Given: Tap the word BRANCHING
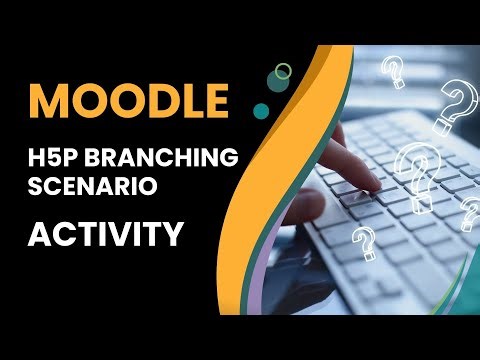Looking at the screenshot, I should (182, 158).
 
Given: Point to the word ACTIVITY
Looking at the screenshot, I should (105, 234).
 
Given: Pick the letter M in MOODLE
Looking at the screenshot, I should (48, 100).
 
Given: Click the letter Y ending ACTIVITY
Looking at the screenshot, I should (173, 234).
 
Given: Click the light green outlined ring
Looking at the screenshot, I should (284, 71).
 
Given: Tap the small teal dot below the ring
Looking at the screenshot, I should (262, 107).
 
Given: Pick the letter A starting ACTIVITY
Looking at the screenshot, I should (39, 234).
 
